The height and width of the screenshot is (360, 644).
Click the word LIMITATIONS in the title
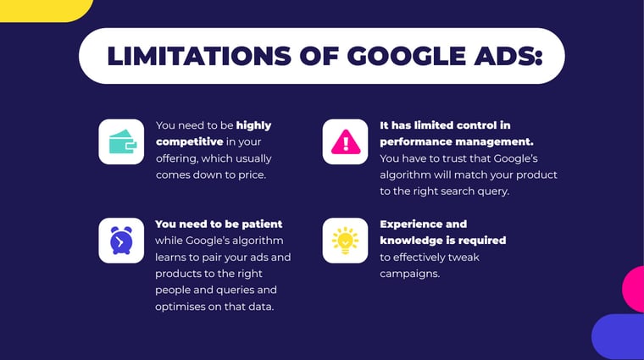199,56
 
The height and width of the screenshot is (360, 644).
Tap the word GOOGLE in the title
407,56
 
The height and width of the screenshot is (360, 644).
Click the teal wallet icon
122,141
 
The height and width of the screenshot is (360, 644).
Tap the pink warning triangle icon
346,141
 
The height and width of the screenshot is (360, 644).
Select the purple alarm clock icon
121,241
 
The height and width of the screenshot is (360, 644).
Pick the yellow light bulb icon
345,241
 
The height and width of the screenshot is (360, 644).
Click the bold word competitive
189,142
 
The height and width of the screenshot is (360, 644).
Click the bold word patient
262,224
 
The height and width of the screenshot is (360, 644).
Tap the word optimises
176,307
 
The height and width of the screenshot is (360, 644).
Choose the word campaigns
409,274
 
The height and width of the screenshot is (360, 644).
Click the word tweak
464,258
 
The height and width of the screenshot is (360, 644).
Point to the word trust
454,158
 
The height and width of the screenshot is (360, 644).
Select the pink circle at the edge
634,290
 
